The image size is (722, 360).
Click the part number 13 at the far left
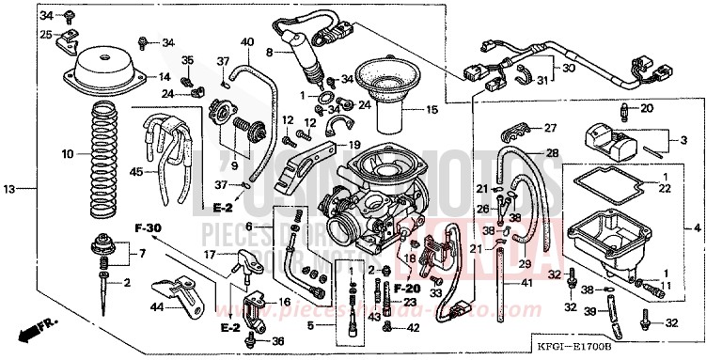[x=8, y=190]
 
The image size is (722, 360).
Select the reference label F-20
[x=406, y=287]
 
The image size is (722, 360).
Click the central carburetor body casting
[x=371, y=193]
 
